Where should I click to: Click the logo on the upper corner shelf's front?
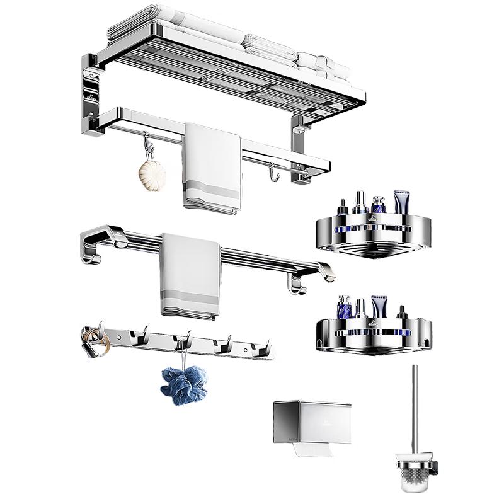pos(371,220)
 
